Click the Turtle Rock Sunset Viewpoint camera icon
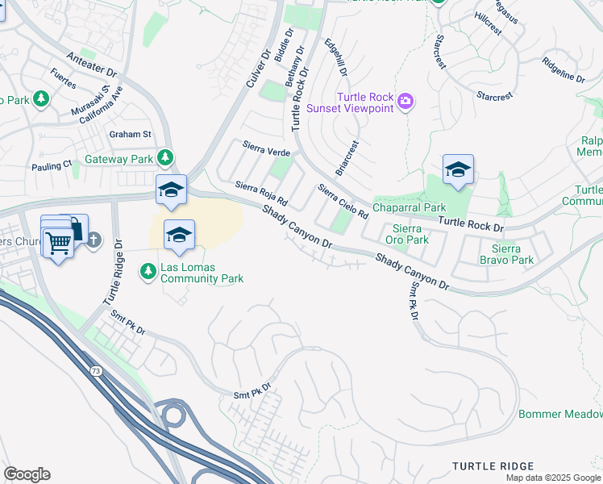point(406,101)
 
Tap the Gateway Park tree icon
point(164,156)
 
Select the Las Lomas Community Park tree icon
point(148,272)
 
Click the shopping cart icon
point(58,242)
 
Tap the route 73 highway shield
point(95,370)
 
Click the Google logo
point(27,474)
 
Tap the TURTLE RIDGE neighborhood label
point(493,466)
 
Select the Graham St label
point(131,134)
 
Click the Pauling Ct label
point(52,166)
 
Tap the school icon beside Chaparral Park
point(458,169)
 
